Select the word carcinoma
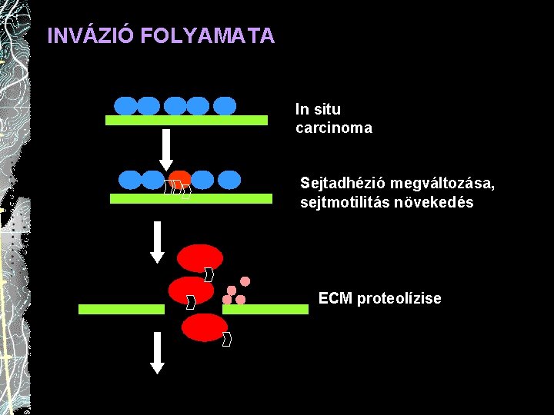point(333,128)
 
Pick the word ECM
point(335,298)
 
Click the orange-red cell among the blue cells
point(180,179)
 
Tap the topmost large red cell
point(200,258)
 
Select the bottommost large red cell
point(205,327)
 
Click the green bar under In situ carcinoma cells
point(186,121)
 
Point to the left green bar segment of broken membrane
point(122,310)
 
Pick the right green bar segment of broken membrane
point(265,310)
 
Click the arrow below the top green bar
point(165,150)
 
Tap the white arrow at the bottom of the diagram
point(157,353)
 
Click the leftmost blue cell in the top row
point(125,105)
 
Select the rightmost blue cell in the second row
point(229,180)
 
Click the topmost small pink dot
point(245,281)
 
